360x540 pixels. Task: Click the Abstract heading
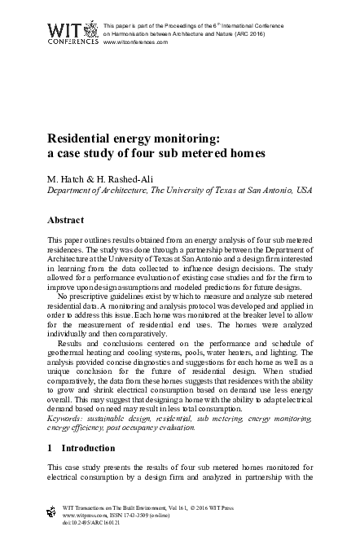(67, 220)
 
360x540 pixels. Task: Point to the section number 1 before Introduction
(50, 448)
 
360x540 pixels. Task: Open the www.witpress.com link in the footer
(86, 513)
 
